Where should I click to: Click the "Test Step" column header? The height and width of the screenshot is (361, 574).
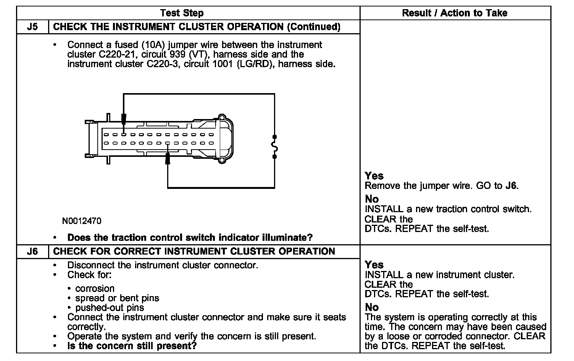(182, 13)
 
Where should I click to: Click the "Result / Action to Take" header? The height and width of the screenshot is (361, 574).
(455, 13)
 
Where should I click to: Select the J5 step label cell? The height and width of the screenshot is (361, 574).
(32, 27)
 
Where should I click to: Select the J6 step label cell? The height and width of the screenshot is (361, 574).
(32, 251)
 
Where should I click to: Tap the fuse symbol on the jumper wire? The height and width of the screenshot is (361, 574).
(274, 147)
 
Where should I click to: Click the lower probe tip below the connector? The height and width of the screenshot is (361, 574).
(168, 159)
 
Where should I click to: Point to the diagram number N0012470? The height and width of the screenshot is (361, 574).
(82, 221)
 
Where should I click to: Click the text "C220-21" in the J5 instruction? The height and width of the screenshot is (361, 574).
(110, 54)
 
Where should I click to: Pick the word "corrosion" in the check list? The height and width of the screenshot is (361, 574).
(95, 288)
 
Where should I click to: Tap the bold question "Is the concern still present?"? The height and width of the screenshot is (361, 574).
(132, 346)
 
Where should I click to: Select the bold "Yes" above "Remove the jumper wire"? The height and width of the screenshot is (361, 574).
(374, 176)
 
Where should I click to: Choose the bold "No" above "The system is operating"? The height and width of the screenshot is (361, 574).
(372, 307)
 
